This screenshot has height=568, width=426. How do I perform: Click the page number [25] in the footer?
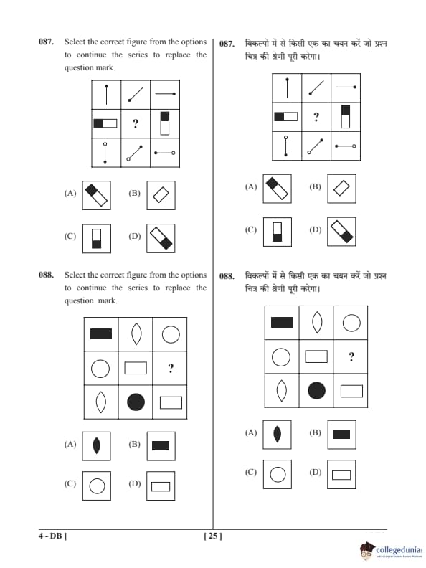213,536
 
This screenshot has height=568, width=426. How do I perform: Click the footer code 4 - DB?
53,536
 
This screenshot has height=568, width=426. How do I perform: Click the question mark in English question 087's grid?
136,124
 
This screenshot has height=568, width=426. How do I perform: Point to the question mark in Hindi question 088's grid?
351,357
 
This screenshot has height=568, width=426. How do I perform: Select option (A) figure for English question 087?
96,195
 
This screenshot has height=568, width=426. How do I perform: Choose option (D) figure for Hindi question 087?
341,232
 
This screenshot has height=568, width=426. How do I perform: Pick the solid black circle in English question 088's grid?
136,402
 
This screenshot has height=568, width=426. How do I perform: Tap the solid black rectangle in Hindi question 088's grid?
282,322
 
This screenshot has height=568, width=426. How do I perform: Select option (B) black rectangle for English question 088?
161,445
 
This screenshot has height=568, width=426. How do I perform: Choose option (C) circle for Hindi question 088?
278,475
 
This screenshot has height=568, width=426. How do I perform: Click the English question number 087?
46,42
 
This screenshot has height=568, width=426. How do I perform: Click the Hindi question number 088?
227,276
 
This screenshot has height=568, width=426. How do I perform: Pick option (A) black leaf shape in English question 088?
96,445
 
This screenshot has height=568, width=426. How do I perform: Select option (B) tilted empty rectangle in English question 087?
161,195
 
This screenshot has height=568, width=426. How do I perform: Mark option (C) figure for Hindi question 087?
277,232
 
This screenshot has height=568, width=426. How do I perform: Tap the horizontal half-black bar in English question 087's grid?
105,123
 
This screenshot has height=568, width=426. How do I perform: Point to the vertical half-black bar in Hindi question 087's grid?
346,116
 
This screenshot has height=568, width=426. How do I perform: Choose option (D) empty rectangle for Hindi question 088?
341,475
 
